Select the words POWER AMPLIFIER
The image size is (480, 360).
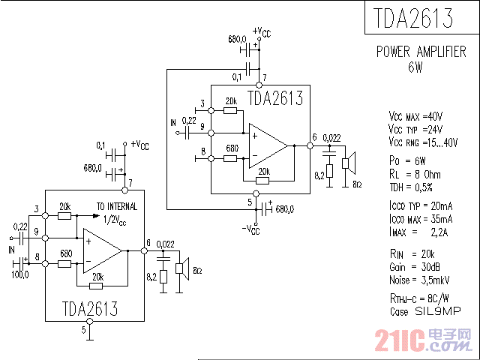421,52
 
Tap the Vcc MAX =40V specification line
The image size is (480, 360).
415,117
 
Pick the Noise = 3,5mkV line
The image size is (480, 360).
413,280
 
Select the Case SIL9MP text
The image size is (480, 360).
424,310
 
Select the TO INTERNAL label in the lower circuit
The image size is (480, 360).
115,206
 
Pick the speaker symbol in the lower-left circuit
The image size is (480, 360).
181,268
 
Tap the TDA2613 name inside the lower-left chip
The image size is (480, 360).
89,308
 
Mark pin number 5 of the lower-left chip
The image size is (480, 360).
83,329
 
